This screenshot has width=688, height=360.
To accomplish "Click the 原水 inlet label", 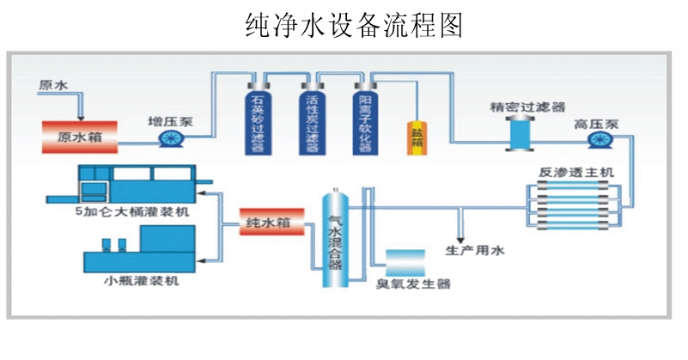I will [52, 85].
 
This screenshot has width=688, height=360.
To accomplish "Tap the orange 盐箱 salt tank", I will [417, 135].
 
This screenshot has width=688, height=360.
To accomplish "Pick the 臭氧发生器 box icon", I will [405, 261].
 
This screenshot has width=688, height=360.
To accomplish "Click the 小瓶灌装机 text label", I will [143, 280].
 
